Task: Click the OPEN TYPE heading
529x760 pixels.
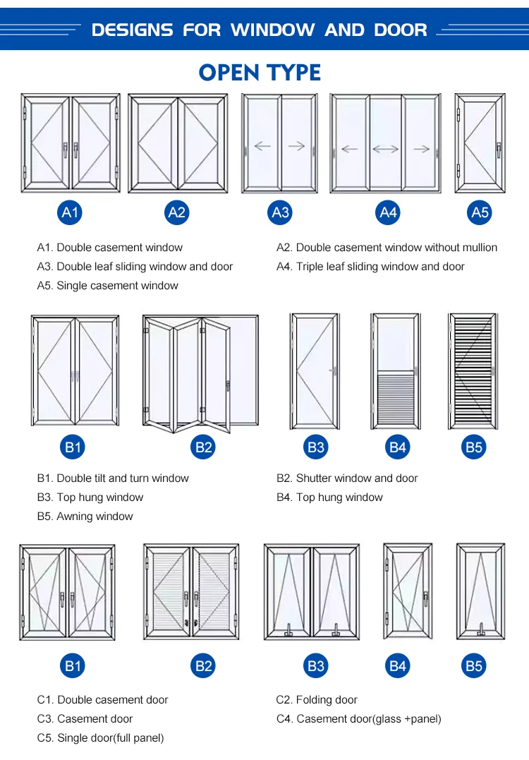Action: (x=260, y=72)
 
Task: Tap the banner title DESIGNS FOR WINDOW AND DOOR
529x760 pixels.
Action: (x=260, y=30)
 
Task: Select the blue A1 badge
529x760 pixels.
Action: (x=71, y=212)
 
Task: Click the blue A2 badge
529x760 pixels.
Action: (x=177, y=212)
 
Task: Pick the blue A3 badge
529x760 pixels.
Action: (x=280, y=212)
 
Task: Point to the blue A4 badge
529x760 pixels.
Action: (x=389, y=212)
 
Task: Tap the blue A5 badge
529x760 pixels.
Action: (x=480, y=212)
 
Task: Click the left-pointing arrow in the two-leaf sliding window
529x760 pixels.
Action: (x=262, y=147)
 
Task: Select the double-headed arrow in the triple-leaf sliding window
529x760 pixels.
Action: (x=385, y=149)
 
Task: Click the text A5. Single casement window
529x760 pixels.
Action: (x=107, y=286)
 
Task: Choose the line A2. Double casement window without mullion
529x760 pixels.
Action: (x=387, y=248)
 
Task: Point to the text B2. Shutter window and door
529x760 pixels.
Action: (x=347, y=478)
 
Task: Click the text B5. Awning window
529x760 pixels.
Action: (x=85, y=517)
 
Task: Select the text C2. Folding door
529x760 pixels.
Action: (x=317, y=700)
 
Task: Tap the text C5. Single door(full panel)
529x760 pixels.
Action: (x=100, y=738)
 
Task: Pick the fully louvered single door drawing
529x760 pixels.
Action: (x=472, y=371)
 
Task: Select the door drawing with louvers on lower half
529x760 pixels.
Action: (x=396, y=371)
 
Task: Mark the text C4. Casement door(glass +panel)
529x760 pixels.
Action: (x=358, y=719)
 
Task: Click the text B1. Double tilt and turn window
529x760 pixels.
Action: (x=113, y=478)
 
